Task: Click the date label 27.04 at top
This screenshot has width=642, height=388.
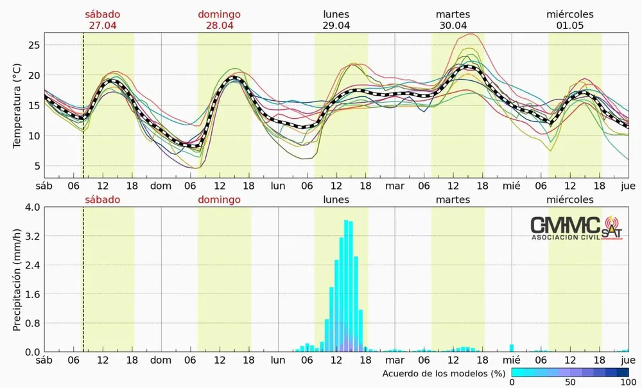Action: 102,26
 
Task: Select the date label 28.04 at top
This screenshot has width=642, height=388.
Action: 219,26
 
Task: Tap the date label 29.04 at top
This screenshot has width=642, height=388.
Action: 336,26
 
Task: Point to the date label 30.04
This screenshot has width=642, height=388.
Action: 453,26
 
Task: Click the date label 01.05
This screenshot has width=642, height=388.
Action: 569,26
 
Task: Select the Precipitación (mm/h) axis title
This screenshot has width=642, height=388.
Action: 17,279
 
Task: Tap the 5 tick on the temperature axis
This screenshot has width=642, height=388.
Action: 37,166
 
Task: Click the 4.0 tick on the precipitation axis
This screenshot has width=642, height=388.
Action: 32,207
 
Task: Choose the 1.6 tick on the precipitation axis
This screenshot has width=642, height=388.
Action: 32,294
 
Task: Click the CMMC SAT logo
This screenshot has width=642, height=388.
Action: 575,227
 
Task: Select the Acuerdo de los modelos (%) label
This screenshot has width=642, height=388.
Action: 444,373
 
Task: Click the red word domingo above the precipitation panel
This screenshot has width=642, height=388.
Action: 219,200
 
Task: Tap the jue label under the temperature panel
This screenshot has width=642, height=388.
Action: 629,186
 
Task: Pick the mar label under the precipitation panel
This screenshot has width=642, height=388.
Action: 395,360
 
